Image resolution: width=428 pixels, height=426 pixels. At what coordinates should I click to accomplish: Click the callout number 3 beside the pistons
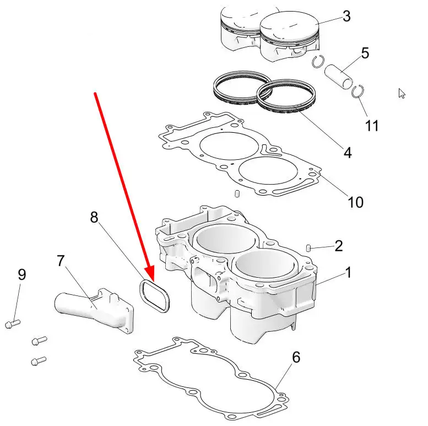(x=346, y=16)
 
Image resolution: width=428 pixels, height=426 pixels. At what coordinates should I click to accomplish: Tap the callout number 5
(x=365, y=53)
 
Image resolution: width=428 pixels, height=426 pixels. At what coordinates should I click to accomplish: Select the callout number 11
(x=372, y=126)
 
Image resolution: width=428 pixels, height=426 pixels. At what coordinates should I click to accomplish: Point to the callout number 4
(x=348, y=153)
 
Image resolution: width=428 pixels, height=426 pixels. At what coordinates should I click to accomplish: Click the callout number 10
(x=355, y=202)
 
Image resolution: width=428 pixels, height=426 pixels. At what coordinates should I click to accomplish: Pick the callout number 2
(x=338, y=246)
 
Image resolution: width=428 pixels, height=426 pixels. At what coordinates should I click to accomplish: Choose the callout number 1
(x=348, y=272)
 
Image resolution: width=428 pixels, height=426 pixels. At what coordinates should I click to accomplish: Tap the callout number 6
(x=296, y=357)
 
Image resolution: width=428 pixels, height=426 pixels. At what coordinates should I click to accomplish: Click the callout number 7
(x=61, y=261)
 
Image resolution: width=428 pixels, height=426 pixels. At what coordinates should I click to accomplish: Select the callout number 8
(x=94, y=217)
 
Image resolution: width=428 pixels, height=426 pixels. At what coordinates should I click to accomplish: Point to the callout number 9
(x=22, y=274)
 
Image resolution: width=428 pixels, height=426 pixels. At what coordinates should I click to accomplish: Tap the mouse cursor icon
(x=402, y=93)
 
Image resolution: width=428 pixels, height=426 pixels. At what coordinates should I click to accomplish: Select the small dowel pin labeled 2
(x=308, y=248)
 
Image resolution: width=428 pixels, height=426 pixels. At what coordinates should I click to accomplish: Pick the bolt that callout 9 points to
(x=13, y=324)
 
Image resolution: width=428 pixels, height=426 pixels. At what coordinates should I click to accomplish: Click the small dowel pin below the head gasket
(x=237, y=193)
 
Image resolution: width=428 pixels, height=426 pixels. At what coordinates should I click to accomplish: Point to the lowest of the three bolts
(x=39, y=361)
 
